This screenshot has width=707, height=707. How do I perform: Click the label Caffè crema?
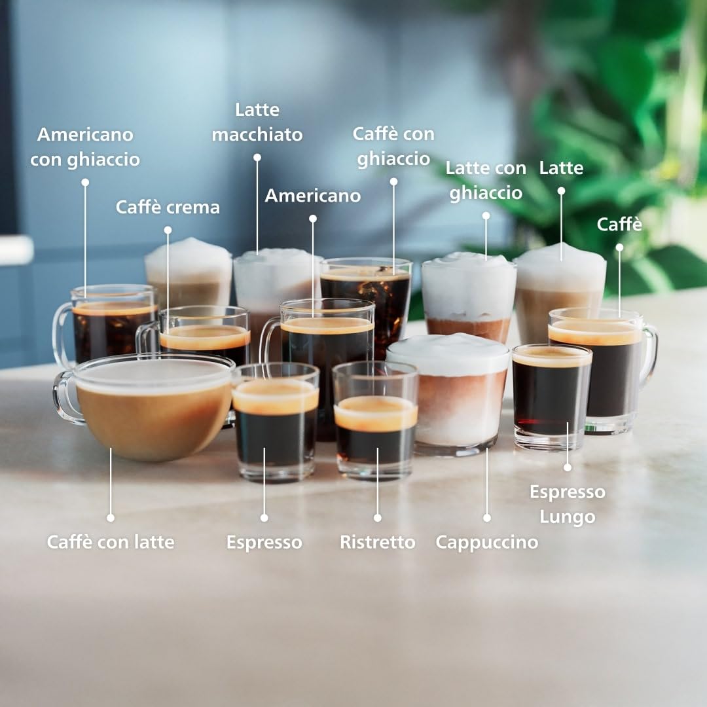[168, 208]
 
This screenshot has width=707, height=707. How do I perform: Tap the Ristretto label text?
[378, 542]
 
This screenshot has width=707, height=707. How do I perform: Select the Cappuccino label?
[487, 543]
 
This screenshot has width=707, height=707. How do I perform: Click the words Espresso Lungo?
[567, 505]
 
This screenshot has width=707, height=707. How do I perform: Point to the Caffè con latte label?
[111, 542]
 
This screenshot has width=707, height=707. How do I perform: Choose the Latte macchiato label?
[257, 122]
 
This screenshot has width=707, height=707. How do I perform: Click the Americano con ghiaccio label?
[85, 147]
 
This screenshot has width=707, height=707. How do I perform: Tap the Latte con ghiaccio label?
[486, 181]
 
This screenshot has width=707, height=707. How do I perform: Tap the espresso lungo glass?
[551, 396]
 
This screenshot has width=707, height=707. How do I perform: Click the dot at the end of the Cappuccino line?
[487, 518]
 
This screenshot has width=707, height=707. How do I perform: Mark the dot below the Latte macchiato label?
[257, 157]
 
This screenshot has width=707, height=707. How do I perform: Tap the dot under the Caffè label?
[619, 247]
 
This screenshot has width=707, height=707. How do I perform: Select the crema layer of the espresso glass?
[275, 396]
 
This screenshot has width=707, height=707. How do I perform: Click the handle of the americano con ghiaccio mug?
[62, 335]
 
